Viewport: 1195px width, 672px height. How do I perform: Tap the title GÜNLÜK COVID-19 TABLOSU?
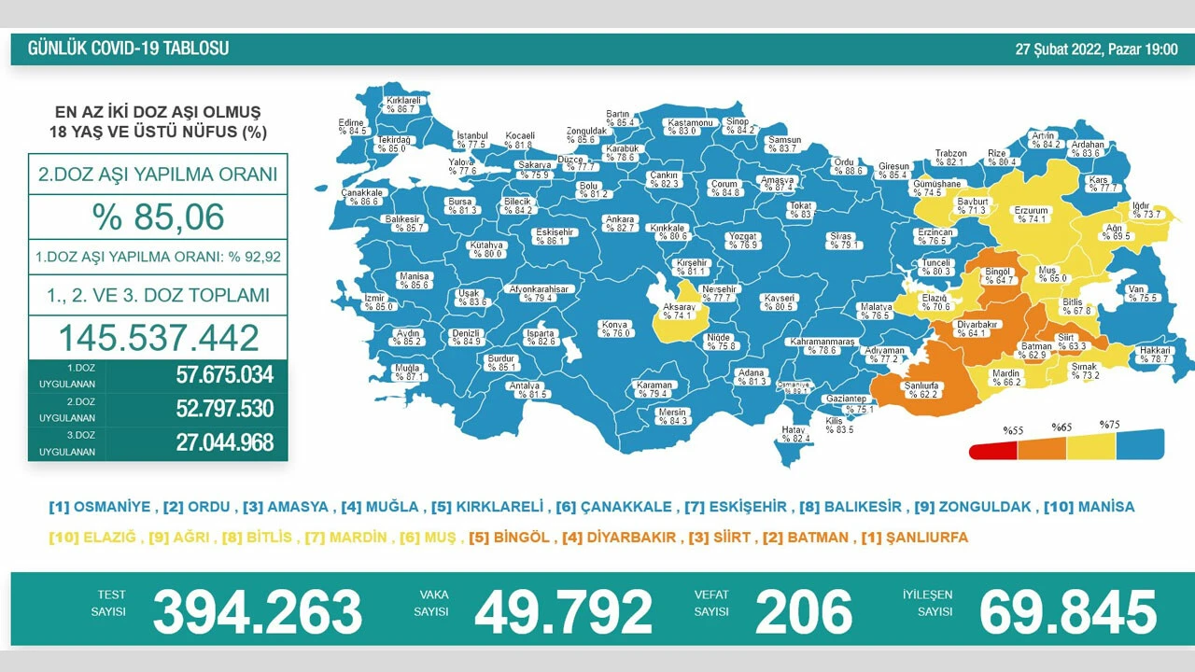coord(128,49)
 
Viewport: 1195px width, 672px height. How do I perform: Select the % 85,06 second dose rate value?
coord(158,217)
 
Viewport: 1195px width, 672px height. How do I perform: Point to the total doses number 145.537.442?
coord(158,337)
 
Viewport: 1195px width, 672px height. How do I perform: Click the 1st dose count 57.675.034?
coord(224,375)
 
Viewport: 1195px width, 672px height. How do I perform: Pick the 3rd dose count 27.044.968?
coord(224,442)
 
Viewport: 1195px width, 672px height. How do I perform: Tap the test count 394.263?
coord(257,612)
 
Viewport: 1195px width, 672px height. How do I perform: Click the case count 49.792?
coord(563,612)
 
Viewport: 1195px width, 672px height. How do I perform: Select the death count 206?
coord(803,612)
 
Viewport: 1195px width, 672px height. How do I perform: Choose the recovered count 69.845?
coord(1067,612)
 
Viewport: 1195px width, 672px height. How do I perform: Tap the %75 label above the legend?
coord(1109,426)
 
